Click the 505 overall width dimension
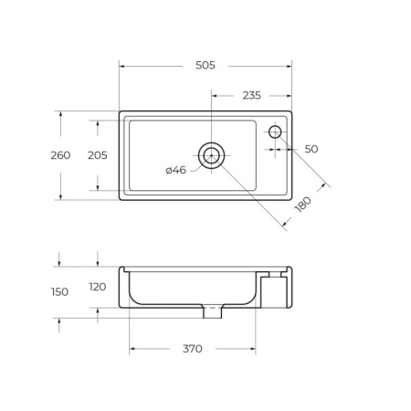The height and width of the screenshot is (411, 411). (205, 65)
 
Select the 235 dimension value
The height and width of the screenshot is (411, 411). (251, 95)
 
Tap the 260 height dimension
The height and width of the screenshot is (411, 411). (60, 155)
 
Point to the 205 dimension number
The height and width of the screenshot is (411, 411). (97, 155)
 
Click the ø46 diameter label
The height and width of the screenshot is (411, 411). (175, 170)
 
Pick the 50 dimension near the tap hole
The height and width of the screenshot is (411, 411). (311, 149)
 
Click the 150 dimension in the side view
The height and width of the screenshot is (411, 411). (60, 292)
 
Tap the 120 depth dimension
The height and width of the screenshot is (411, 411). (97, 287)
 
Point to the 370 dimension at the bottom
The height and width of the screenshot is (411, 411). (192, 349)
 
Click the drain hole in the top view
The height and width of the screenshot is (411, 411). (212, 155)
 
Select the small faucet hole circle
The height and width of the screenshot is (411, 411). (275, 132)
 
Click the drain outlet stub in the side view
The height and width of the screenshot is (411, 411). (212, 313)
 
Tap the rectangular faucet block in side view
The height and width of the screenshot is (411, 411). (273, 290)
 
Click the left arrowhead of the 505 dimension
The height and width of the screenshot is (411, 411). (122, 65)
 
